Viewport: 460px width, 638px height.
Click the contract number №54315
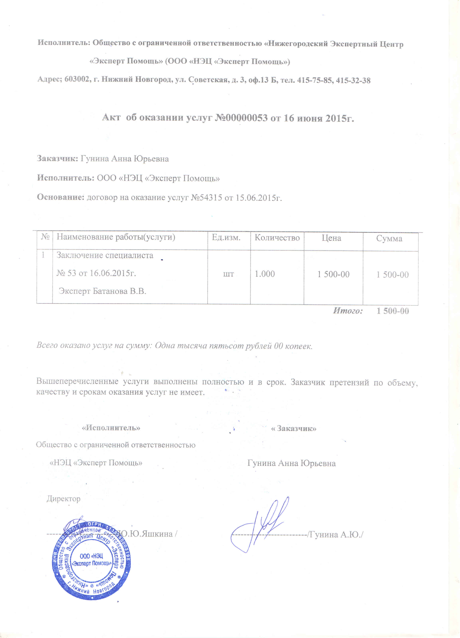click(x=207, y=198)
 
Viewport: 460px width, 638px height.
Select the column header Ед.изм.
click(x=226, y=238)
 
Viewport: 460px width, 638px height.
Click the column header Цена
click(x=332, y=238)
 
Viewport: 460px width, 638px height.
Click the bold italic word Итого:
click(x=348, y=311)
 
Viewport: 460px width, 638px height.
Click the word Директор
click(x=64, y=499)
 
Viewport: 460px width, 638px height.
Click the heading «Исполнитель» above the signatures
click(x=111, y=428)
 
